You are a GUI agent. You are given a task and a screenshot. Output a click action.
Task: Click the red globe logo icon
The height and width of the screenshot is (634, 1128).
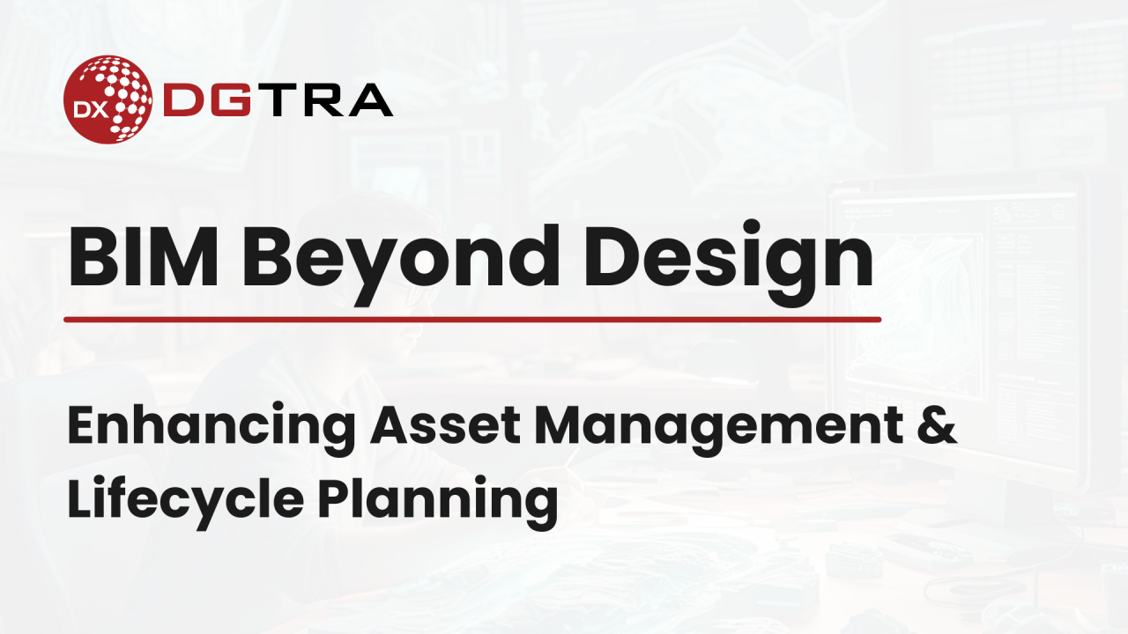(x=108, y=100)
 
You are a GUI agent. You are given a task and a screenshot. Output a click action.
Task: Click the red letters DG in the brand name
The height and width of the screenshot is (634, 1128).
(x=207, y=100)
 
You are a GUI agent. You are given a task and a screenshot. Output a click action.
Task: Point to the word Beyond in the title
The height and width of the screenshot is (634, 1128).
(x=401, y=264)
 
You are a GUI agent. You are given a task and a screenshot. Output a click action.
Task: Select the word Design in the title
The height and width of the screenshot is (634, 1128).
(x=729, y=263)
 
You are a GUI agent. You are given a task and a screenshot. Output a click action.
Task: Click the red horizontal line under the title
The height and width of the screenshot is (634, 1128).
(x=472, y=320)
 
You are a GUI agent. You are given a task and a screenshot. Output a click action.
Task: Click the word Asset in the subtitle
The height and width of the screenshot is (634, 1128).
(x=446, y=426)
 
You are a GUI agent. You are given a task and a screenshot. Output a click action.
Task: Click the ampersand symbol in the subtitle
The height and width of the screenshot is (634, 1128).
(x=937, y=425)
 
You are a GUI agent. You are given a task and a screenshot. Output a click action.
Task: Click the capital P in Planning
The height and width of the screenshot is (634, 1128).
(x=334, y=498)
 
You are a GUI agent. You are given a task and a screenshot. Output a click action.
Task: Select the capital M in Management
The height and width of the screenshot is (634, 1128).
(x=559, y=426)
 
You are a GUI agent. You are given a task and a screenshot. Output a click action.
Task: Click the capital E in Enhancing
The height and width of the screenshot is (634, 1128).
(x=82, y=426)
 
